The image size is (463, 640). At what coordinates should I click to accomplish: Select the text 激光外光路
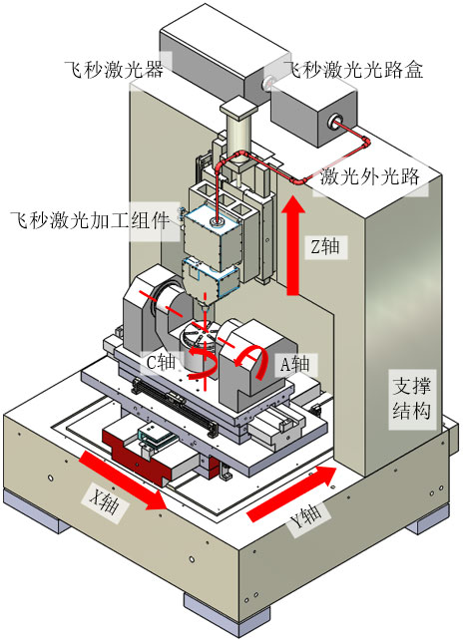368,176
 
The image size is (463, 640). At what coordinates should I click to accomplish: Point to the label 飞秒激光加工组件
91,219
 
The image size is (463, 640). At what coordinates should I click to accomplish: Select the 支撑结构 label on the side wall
411,396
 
